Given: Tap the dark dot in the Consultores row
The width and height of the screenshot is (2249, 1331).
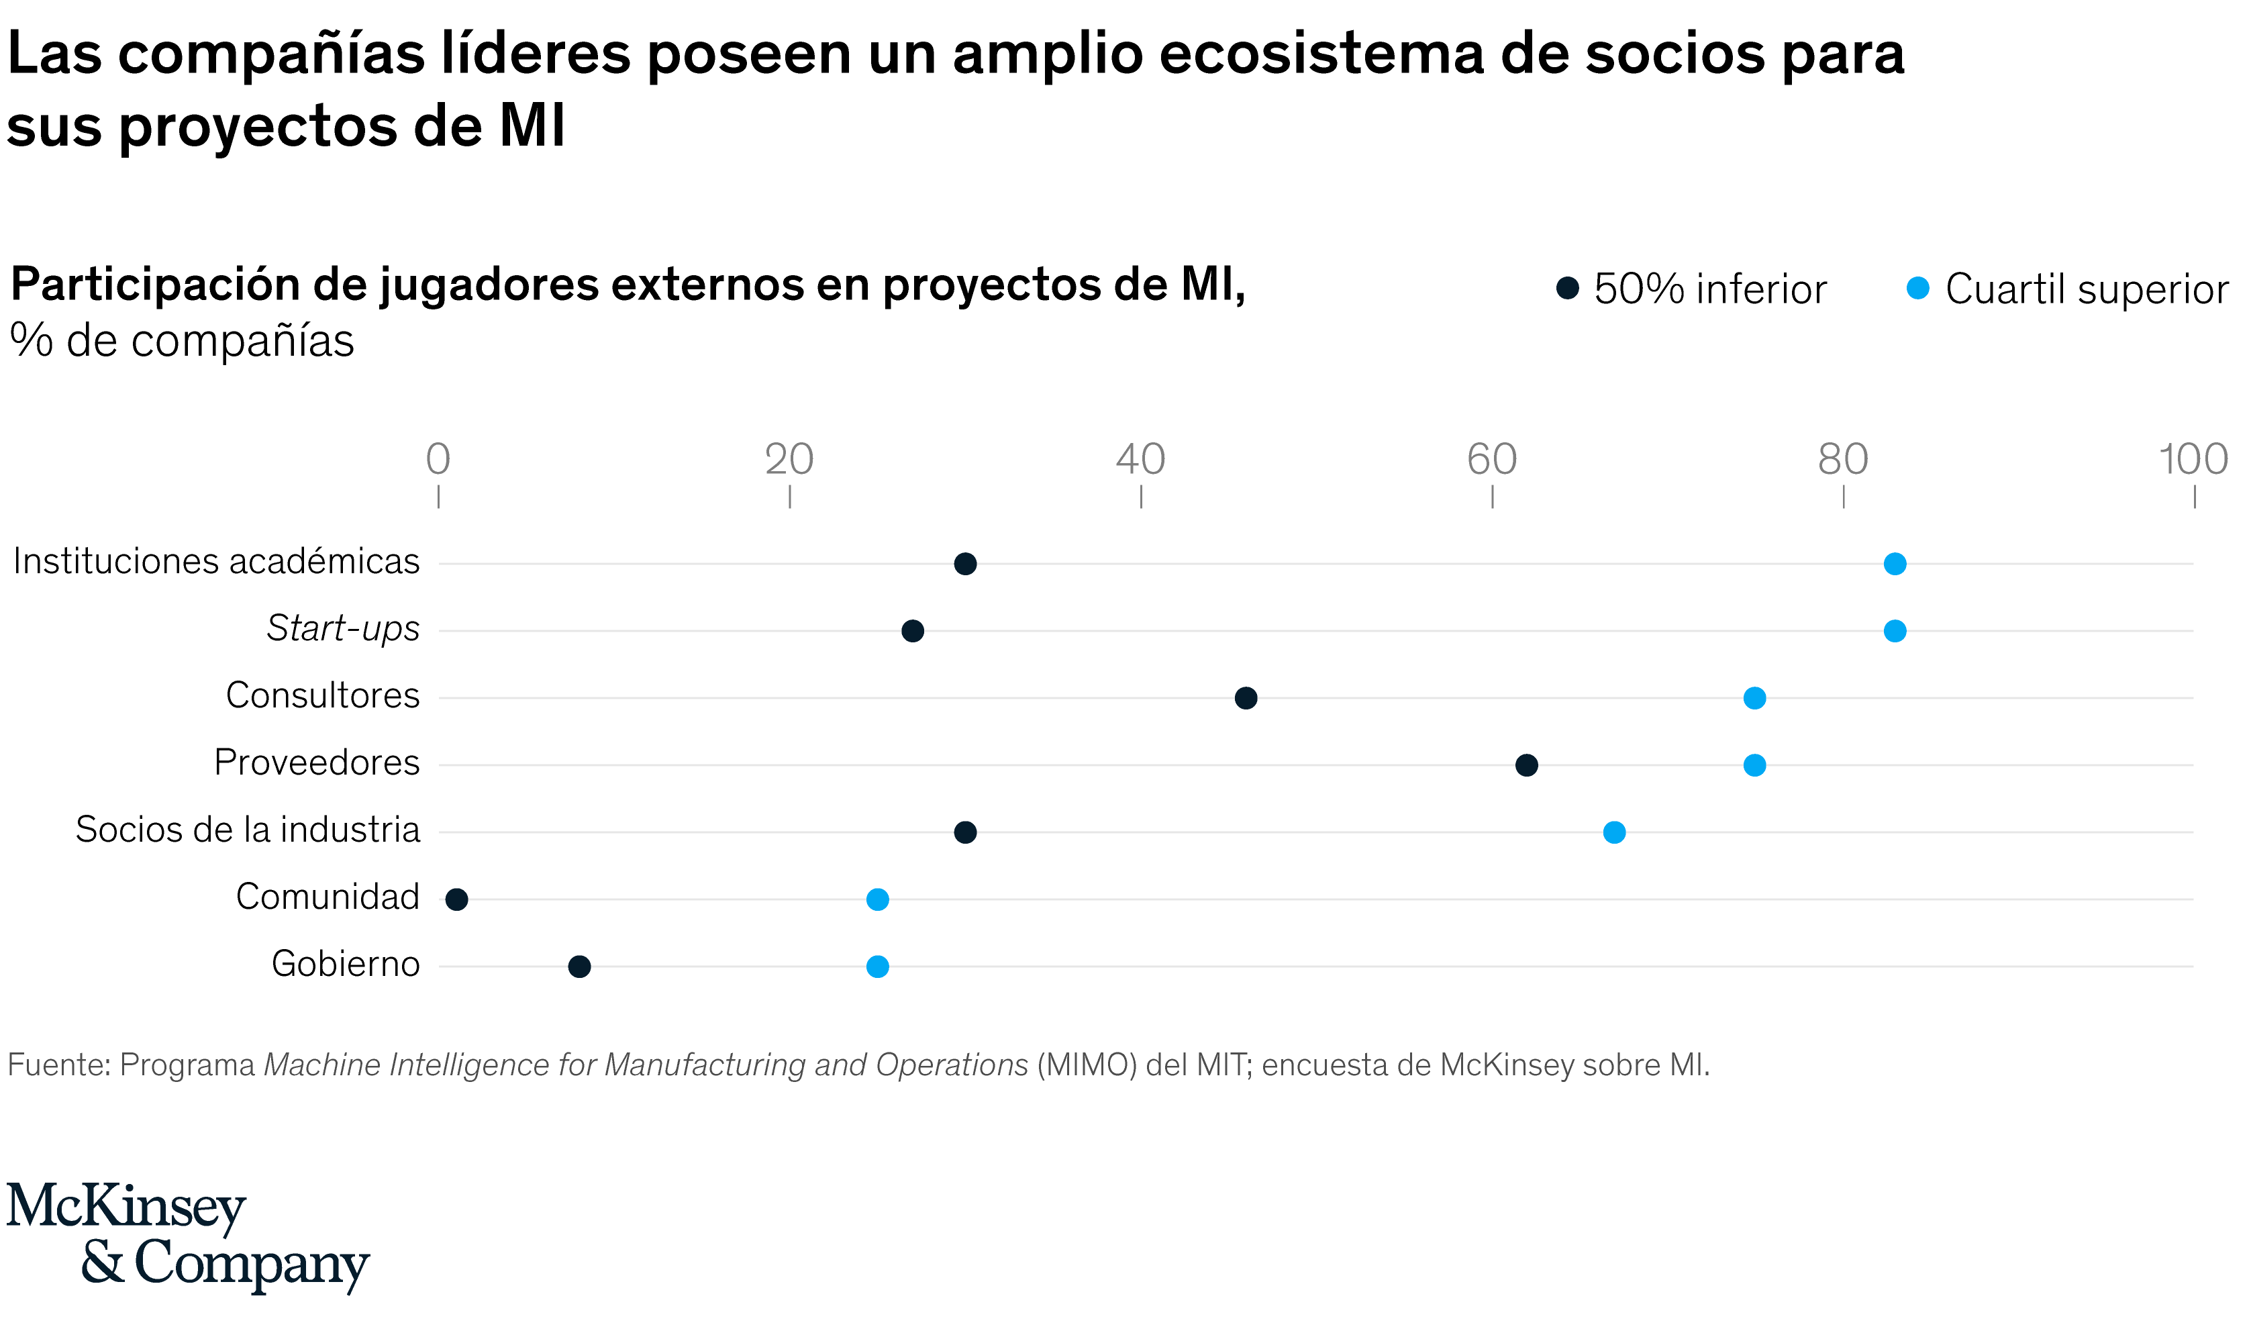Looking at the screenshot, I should (x=1246, y=699).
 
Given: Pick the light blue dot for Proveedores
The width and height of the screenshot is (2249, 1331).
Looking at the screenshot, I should (x=1755, y=765).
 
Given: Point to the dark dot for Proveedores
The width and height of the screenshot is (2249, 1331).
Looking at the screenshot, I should (x=1526, y=765).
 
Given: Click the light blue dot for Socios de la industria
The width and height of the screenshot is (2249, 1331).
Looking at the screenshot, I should (x=1614, y=832).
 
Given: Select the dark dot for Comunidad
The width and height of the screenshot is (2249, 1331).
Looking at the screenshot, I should (x=456, y=899).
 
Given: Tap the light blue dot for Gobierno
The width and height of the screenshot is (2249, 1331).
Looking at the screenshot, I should (x=878, y=967).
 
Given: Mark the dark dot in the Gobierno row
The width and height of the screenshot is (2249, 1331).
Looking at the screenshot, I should (x=579, y=967).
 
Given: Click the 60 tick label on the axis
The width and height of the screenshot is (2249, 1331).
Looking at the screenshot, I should (x=1492, y=460).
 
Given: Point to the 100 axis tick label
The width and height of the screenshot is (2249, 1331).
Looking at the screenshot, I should (x=2193, y=460).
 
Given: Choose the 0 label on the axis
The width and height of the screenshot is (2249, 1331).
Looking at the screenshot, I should (x=438, y=460).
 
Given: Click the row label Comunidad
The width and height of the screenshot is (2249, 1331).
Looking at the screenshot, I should (x=328, y=897).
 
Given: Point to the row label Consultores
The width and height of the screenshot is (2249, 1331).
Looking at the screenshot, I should (x=322, y=696).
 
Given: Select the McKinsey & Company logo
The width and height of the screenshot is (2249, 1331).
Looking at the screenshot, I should (x=189, y=1237).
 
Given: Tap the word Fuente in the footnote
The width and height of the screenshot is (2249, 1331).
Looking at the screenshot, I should (x=58, y=1065).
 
